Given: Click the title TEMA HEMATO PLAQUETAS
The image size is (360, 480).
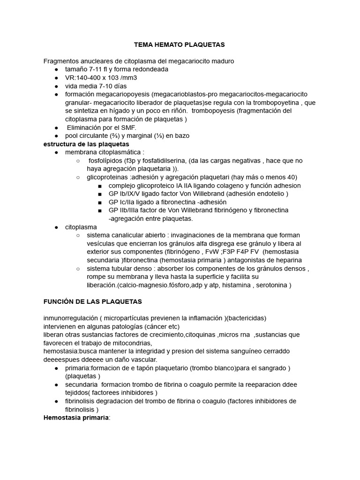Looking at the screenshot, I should [180, 45].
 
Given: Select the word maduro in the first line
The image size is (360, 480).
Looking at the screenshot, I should [222, 61].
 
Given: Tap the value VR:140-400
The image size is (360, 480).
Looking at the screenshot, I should [82, 77].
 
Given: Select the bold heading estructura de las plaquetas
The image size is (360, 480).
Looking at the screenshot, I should [86, 144].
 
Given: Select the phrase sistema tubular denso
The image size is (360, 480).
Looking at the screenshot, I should [123, 269].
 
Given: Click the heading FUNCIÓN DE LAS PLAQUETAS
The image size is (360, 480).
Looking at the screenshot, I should [92, 301].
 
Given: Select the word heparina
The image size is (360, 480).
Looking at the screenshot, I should [288, 260].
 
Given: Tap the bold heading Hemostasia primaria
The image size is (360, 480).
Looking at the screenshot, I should [76, 418].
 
